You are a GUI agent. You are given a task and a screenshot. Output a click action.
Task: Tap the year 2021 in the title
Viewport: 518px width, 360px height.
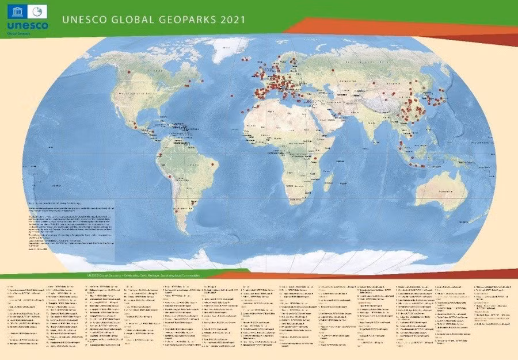[x=232, y=20]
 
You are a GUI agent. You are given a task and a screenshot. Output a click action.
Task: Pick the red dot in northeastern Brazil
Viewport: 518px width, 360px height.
[x=213, y=164]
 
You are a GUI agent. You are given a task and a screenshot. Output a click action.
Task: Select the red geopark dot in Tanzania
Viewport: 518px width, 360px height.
[x=315, y=158]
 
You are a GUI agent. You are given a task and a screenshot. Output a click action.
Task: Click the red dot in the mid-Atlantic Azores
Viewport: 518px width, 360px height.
[x=231, y=95]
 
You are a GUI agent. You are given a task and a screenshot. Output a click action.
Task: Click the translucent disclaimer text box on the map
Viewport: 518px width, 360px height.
[x=72, y=227]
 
